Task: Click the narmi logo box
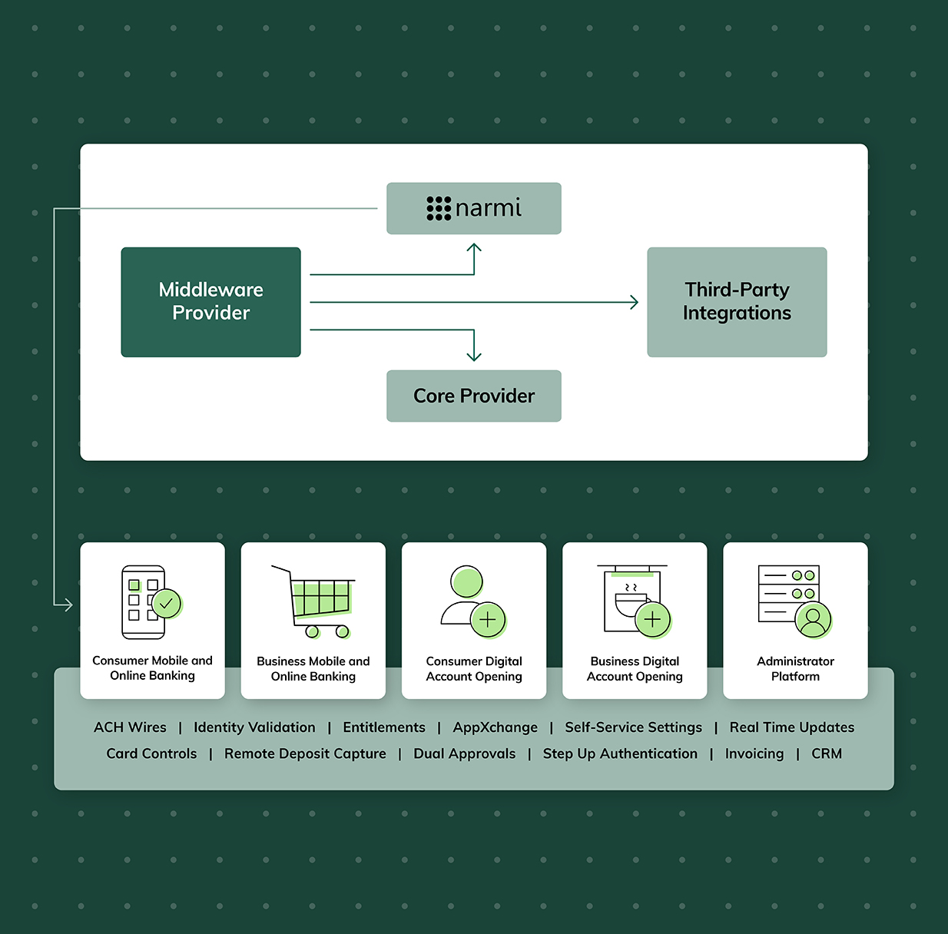pyautogui.click(x=474, y=208)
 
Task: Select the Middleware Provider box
pyautogui.click(x=210, y=302)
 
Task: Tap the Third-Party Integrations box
pyautogui.click(x=737, y=302)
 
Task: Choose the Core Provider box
pyautogui.click(x=474, y=396)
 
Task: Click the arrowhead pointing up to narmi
pyautogui.click(x=474, y=247)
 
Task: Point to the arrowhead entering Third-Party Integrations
pyautogui.click(x=635, y=303)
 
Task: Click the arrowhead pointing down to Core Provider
pyautogui.click(x=474, y=357)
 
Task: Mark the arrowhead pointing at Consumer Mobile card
pyautogui.click(x=69, y=605)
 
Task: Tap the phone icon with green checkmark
pyautogui.click(x=151, y=602)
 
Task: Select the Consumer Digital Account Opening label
pyautogui.click(x=474, y=669)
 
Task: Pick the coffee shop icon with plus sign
pyautogui.click(x=635, y=602)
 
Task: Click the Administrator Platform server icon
pyautogui.click(x=794, y=602)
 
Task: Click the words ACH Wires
pyautogui.click(x=130, y=727)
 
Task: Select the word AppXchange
pyautogui.click(x=495, y=727)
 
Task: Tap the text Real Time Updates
pyautogui.click(x=791, y=727)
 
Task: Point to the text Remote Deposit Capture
pyautogui.click(x=305, y=753)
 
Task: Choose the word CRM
pyautogui.click(x=827, y=753)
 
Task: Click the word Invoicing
pyautogui.click(x=754, y=753)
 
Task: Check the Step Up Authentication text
pyautogui.click(x=620, y=753)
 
